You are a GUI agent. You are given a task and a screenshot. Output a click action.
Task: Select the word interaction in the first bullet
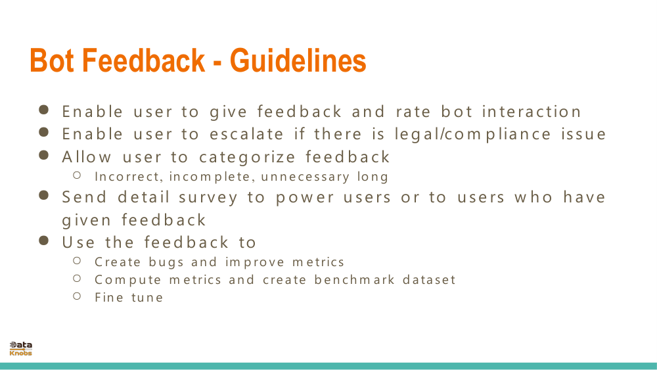[x=532, y=112]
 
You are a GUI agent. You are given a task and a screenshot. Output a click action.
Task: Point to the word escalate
[x=247, y=134]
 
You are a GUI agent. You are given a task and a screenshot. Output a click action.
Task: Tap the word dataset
[x=429, y=280]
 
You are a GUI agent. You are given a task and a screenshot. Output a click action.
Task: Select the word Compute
[x=128, y=280]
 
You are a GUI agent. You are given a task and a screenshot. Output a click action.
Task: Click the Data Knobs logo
[x=20, y=348]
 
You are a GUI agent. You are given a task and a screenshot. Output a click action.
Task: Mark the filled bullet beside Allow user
[x=44, y=156]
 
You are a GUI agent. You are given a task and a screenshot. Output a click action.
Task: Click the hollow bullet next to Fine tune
[x=77, y=296]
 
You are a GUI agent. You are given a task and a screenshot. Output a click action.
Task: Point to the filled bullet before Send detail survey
[x=44, y=196]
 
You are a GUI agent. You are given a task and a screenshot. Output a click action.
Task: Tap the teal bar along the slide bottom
[x=328, y=366]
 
